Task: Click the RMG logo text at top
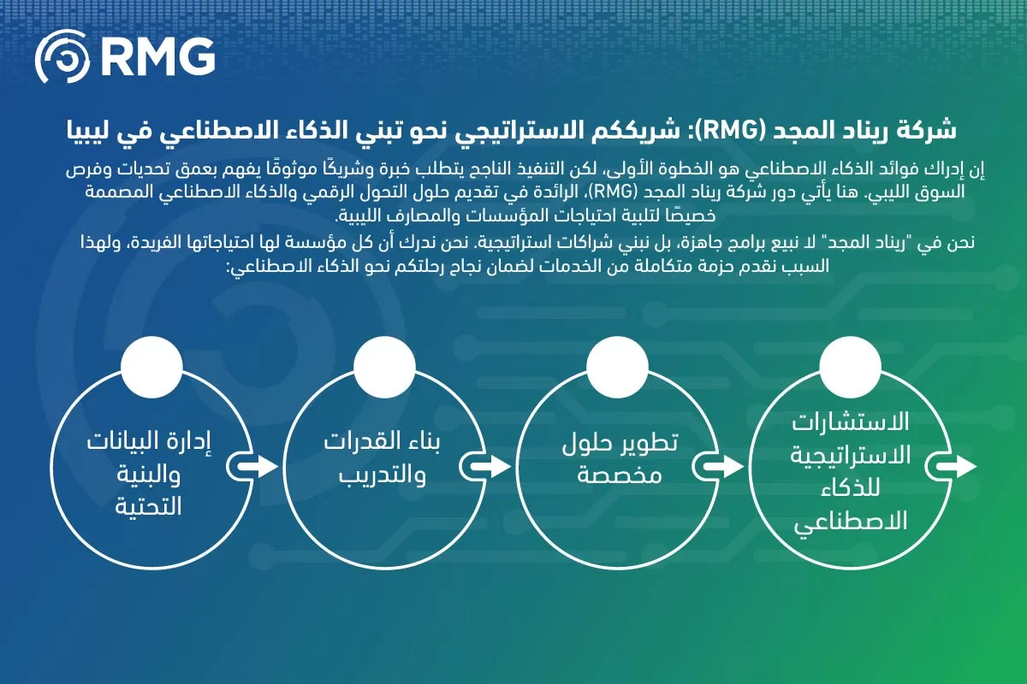158,56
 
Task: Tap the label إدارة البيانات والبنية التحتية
151,474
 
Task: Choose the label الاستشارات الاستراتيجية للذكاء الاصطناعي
850,472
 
